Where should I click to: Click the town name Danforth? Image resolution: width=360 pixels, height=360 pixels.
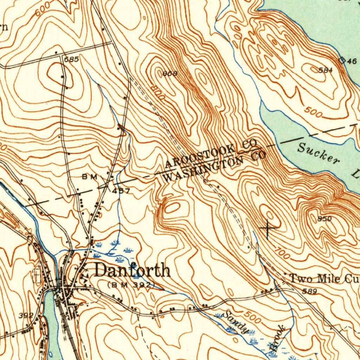click(x=133, y=271)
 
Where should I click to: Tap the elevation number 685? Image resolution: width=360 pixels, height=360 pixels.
click(x=71, y=60)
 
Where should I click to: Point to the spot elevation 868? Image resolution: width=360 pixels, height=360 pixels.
click(x=170, y=73)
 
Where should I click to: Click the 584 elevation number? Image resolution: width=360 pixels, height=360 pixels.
click(x=325, y=70)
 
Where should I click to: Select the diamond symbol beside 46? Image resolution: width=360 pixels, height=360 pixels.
click(x=342, y=60)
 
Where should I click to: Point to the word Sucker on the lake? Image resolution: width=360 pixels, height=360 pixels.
click(x=319, y=154)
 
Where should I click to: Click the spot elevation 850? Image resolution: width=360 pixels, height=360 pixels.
click(x=324, y=219)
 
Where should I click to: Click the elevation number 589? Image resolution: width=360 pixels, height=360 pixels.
click(x=309, y=291)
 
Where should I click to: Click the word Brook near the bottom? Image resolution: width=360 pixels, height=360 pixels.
click(x=277, y=339)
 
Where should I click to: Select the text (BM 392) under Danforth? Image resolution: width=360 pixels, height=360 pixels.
click(x=131, y=284)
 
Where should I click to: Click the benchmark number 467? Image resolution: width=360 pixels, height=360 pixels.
click(x=121, y=191)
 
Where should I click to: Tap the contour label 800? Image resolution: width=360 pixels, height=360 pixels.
click(x=156, y=92)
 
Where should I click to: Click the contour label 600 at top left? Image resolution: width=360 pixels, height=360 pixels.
click(x=43, y=11)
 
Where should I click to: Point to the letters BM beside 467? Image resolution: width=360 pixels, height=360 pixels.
click(x=89, y=177)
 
